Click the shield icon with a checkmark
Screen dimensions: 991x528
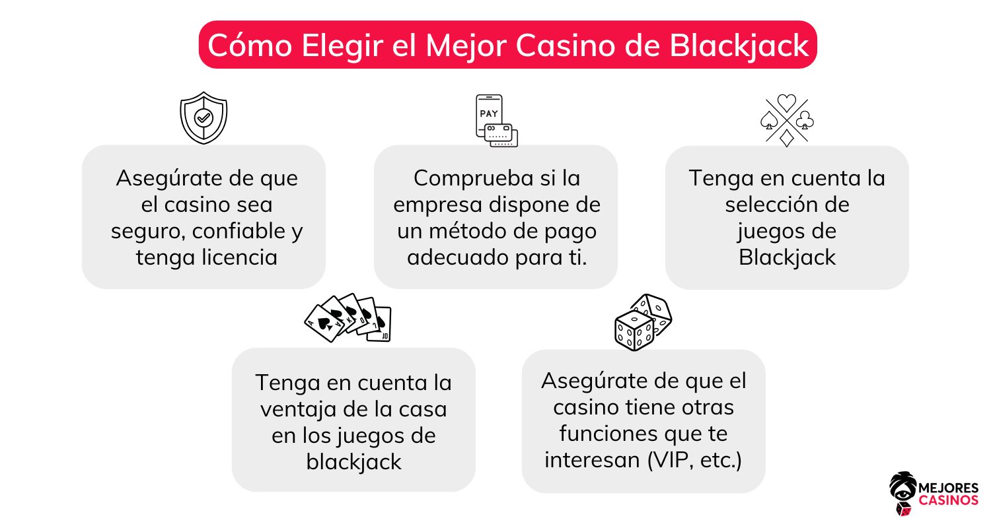click(203, 117)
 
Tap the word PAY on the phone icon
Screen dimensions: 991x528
click(489, 114)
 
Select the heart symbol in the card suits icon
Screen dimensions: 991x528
click(787, 103)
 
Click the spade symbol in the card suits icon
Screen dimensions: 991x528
click(769, 120)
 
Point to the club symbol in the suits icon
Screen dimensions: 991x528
click(805, 119)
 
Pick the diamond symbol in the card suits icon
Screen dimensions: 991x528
click(787, 138)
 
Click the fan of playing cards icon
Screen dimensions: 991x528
click(348, 317)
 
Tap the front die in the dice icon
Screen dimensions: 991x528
click(634, 330)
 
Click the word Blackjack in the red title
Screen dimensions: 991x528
click(739, 46)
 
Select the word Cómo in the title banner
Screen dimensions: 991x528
click(250, 46)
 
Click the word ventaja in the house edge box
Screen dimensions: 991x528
click(298, 410)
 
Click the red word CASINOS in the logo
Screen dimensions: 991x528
click(948, 500)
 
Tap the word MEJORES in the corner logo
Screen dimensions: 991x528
click(949, 488)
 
